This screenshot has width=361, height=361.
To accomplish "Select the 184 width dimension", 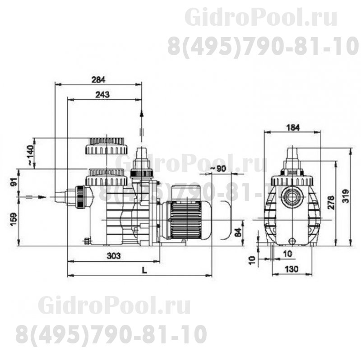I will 293,128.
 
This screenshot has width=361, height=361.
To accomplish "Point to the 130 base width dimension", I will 293,270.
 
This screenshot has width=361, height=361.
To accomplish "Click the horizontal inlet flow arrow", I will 36,197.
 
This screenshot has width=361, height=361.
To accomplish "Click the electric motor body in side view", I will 185,220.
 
